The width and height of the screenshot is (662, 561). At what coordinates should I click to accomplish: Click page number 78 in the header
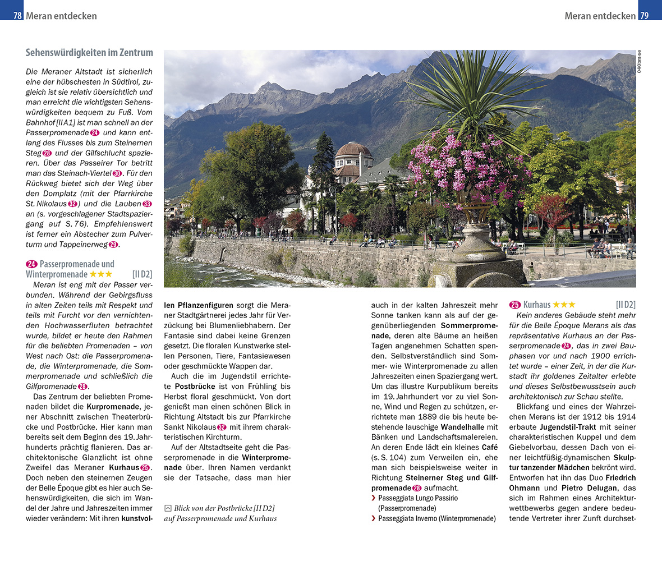point(17,16)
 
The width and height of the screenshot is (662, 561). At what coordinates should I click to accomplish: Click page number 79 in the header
point(644,16)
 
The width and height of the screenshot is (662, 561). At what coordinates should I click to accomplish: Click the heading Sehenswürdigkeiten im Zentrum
point(89,53)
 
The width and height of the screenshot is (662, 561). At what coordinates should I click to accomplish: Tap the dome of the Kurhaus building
point(353,150)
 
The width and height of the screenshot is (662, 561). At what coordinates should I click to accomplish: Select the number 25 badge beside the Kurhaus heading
point(515,305)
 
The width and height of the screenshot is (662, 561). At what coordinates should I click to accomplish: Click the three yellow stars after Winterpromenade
point(101,274)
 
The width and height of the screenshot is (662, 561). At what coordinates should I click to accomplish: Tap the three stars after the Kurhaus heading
point(564,305)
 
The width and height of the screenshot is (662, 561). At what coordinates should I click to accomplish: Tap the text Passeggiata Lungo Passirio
point(418,498)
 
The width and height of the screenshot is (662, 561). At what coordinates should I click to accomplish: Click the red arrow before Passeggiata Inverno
point(374,518)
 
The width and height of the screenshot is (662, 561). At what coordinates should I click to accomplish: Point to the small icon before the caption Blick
point(168,508)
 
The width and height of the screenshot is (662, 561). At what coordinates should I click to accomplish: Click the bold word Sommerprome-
point(469,325)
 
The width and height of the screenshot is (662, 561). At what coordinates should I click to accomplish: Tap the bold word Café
point(489,447)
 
